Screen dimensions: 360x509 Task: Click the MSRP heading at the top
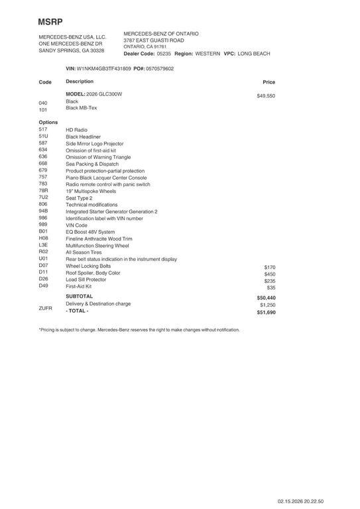click(50, 22)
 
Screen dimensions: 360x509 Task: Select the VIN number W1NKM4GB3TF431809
click(104, 68)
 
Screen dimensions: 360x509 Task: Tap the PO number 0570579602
click(160, 68)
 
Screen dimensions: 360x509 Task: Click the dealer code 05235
click(164, 53)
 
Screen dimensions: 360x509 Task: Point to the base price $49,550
click(266, 96)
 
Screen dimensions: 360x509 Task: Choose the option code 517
click(43, 129)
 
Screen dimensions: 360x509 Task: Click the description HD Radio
click(76, 130)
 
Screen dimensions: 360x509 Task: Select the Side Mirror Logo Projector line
click(94, 143)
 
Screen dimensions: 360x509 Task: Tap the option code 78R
click(44, 191)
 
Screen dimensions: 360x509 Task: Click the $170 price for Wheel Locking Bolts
click(269, 267)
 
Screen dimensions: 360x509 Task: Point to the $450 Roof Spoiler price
click(269, 274)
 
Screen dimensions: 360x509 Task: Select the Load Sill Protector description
click(86, 280)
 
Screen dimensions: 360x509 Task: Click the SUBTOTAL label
click(80, 296)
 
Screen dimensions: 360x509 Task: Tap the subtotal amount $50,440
click(266, 298)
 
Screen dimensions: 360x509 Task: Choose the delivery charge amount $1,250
click(267, 305)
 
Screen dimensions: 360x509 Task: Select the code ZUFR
click(46, 308)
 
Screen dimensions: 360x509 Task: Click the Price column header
click(269, 82)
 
